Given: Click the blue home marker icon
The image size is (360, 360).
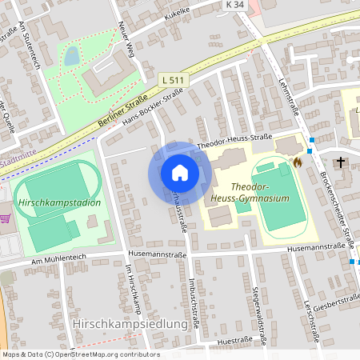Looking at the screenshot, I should pyautogui.click(x=179, y=172).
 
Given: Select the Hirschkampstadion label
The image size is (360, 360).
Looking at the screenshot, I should pyautogui.click(x=58, y=202).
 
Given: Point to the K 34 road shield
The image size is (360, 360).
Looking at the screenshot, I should pyautogui.click(x=234, y=5).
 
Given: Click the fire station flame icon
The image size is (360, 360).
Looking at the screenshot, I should pyautogui.click(x=298, y=161).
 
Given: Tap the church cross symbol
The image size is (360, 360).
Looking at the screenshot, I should pyautogui.click(x=341, y=162).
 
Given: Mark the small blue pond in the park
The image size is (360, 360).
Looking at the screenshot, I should pyautogui.click(x=72, y=55).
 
